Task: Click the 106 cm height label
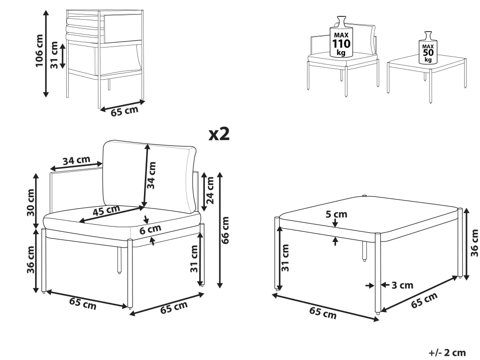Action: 39,51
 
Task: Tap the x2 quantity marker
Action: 219,134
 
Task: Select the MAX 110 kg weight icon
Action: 341,37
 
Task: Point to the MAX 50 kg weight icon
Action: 428,48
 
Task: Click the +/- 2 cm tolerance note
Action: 447,353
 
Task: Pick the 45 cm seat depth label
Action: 106,210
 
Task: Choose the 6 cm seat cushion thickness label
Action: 150,229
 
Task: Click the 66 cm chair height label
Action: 225,230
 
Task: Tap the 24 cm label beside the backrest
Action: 210,191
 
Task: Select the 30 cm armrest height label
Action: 31,203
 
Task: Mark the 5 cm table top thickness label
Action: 336,214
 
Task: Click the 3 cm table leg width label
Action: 402,285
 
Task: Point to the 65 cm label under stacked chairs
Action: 124,111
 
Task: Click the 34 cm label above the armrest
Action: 76,160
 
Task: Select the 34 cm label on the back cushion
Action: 152,175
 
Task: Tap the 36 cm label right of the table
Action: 474,243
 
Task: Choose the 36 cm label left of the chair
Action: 31,260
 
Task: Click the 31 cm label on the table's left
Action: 285,258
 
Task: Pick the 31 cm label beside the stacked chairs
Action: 54,55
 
